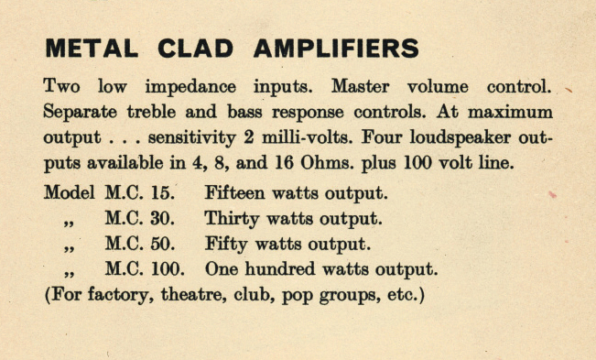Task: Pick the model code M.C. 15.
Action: pos(137,194)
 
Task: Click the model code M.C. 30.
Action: pos(137,220)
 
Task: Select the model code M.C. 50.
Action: pos(137,245)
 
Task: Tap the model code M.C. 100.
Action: pos(145,271)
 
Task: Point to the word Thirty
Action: pos(233,220)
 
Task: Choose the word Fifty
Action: pos(226,245)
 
